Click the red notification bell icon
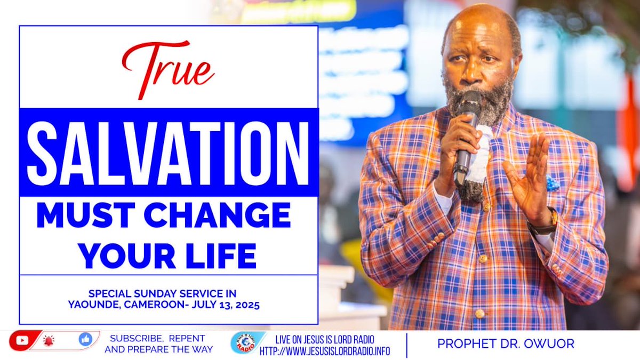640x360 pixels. [49, 340]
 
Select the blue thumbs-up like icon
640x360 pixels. [85, 339]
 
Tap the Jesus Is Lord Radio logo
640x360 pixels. [247, 343]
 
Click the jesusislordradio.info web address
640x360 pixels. [325, 351]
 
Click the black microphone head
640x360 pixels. [469, 102]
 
